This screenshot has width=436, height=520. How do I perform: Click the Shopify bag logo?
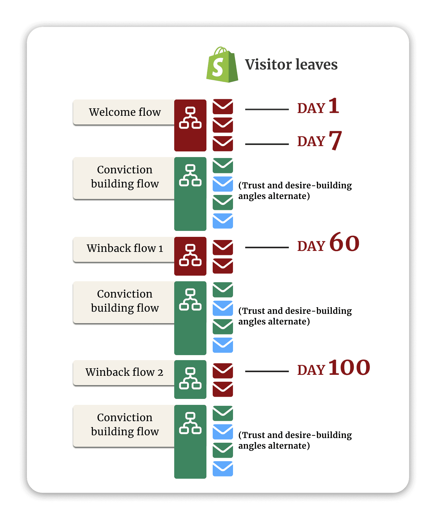222,65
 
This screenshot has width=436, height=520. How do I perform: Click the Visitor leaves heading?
291,64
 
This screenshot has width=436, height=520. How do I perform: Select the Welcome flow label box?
124,112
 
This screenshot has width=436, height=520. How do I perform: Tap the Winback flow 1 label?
124,248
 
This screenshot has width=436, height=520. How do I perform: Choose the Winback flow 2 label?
124,372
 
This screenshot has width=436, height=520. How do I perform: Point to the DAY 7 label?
319,140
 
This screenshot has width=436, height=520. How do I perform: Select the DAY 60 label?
328,243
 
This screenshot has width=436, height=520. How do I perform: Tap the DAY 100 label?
333,368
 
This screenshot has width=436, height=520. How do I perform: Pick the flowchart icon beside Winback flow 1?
190,255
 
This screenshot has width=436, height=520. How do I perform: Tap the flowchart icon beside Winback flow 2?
190,379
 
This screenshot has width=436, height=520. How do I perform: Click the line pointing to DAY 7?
267,144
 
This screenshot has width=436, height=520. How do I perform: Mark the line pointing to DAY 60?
267,247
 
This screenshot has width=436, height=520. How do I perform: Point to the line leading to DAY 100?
267,371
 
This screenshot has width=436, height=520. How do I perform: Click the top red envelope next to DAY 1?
223,107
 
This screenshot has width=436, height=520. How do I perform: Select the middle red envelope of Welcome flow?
223,125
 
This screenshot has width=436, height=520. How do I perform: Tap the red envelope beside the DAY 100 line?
223,371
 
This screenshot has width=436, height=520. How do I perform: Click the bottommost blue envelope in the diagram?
223,469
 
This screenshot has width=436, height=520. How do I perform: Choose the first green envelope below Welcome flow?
223,166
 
